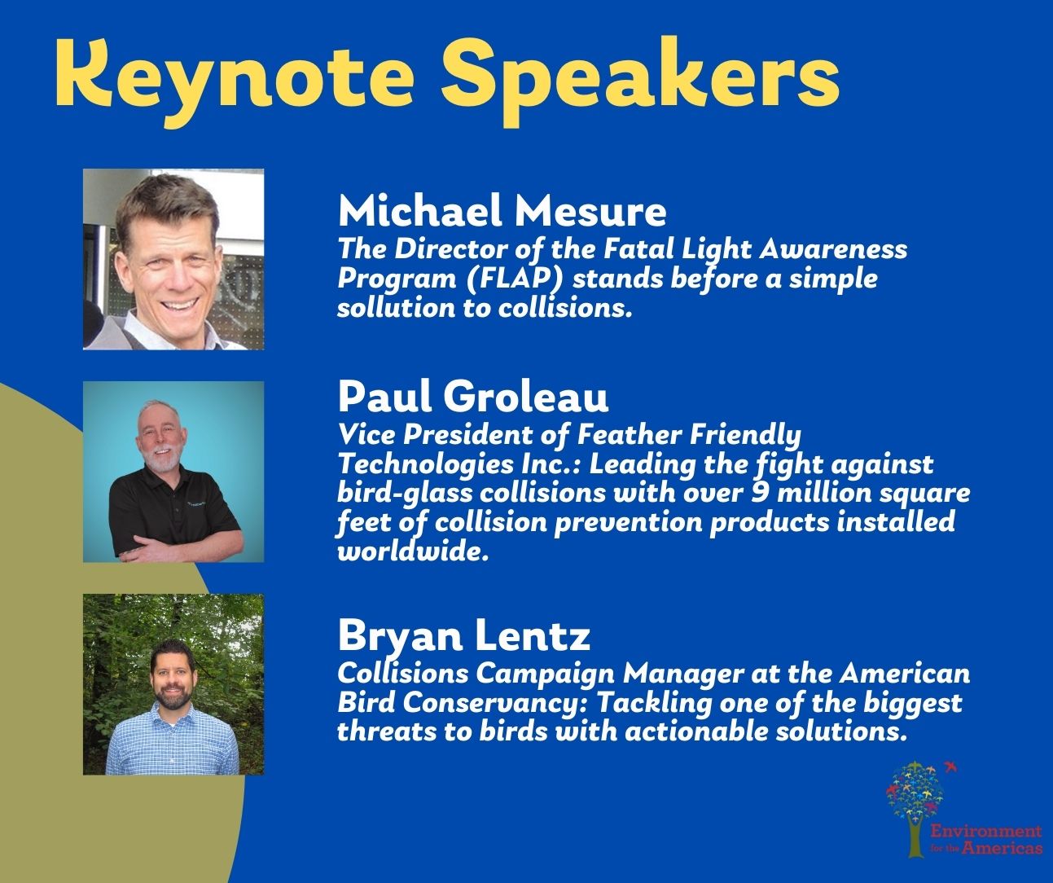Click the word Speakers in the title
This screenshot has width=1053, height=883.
tap(640, 81)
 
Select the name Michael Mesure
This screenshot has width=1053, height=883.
tap(502, 212)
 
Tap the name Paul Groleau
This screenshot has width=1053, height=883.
tap(473, 397)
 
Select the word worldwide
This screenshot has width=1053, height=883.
tap(413, 551)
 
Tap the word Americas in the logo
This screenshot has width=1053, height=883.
tap(1002, 847)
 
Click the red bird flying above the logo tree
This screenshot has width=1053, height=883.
tap(950, 767)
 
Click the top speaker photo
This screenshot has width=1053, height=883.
tap(173, 259)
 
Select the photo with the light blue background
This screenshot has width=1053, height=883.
tap(173, 472)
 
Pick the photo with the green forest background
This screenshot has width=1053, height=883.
tap(173, 684)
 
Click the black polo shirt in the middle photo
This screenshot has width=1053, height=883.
tap(172, 510)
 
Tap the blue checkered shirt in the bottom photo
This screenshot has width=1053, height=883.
tap(173, 742)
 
